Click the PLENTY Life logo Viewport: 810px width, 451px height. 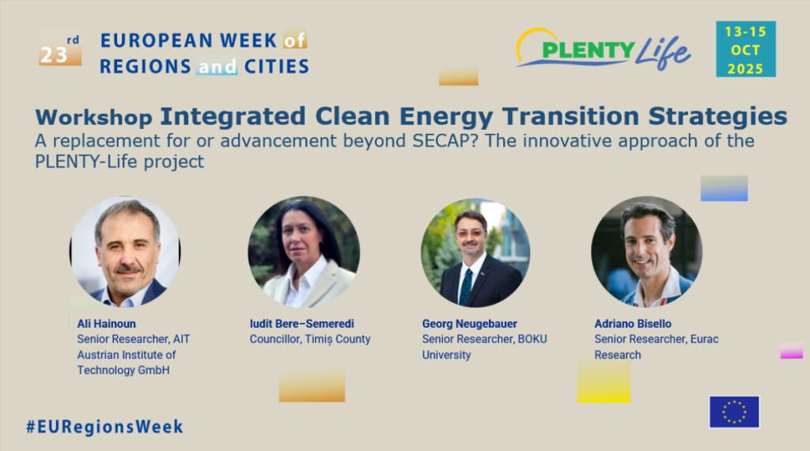click(603, 49)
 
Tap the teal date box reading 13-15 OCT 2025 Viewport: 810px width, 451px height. click(745, 49)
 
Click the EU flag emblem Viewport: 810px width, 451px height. click(734, 411)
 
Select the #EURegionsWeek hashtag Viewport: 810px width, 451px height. click(105, 426)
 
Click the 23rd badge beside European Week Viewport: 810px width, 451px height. click(60, 49)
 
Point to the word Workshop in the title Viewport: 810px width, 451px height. click(93, 117)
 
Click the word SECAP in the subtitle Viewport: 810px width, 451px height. click(445, 141)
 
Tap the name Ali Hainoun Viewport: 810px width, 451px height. click(107, 324)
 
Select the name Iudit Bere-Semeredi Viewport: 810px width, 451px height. click(301, 324)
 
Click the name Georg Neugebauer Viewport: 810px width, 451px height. click(470, 324)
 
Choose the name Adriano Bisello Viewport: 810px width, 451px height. click(633, 324)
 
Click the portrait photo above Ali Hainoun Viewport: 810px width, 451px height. click(125, 252)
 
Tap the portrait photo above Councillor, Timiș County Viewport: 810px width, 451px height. click(304, 252)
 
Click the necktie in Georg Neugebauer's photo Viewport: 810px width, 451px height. click(466, 286)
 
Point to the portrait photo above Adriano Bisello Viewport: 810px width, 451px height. click(647, 252)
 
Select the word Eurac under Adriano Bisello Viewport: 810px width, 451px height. click(705, 339)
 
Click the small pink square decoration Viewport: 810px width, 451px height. click(791, 351)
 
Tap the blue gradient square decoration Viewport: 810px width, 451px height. click(725, 188)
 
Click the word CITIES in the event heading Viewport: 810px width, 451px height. click(276, 66)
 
